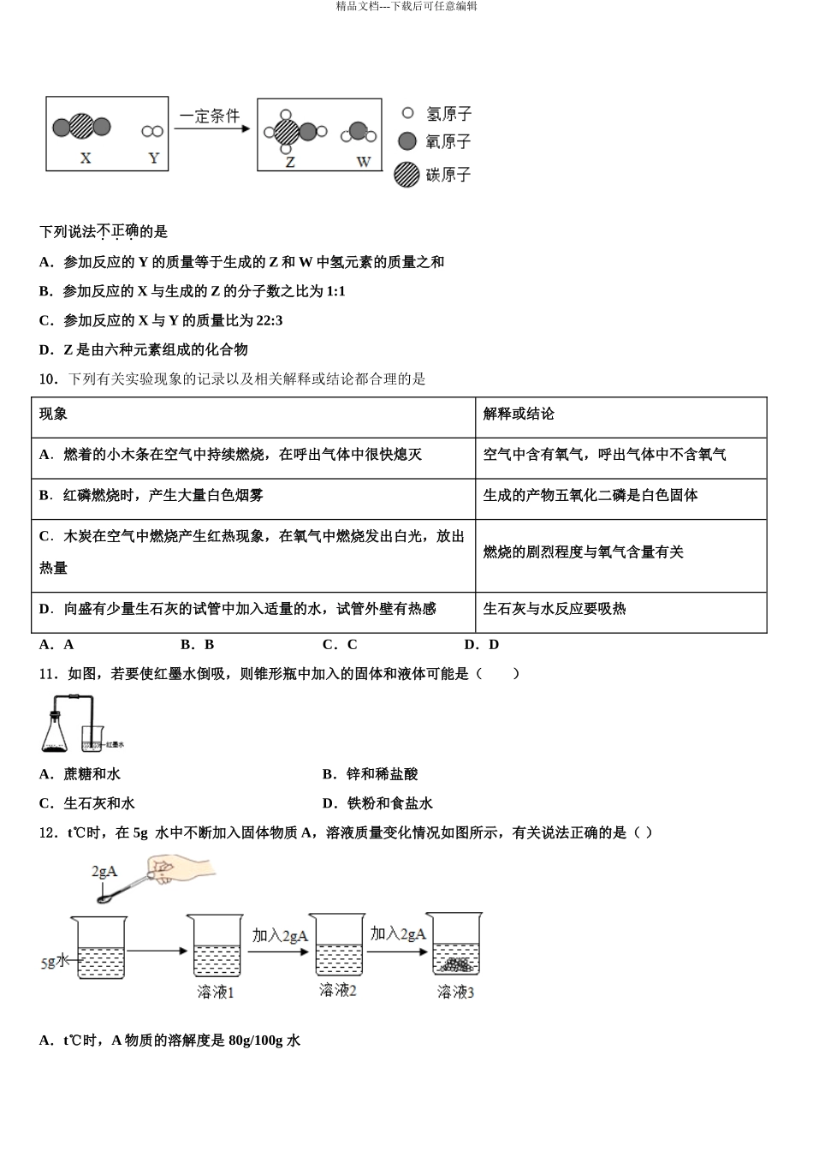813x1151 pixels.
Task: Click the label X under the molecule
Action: click(x=85, y=158)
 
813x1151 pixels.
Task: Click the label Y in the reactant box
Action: click(x=153, y=158)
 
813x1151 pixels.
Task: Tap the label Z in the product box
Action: click(x=290, y=161)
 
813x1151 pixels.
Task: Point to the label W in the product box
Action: click(x=363, y=161)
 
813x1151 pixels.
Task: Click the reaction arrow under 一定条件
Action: click(x=211, y=129)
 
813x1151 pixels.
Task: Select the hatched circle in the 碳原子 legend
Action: click(x=406, y=175)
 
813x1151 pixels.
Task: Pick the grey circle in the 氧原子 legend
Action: click(x=407, y=141)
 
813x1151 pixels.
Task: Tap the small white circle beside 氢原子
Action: click(x=407, y=113)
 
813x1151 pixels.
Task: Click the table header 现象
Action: click(x=54, y=414)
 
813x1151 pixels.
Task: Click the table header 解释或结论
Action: click(x=518, y=414)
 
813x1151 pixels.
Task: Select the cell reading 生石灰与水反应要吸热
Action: click(x=555, y=609)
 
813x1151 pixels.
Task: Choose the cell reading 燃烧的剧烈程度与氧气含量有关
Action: click(x=583, y=552)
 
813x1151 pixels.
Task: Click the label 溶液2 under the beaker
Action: click(x=337, y=990)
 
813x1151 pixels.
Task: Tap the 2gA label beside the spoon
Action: click(x=104, y=871)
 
